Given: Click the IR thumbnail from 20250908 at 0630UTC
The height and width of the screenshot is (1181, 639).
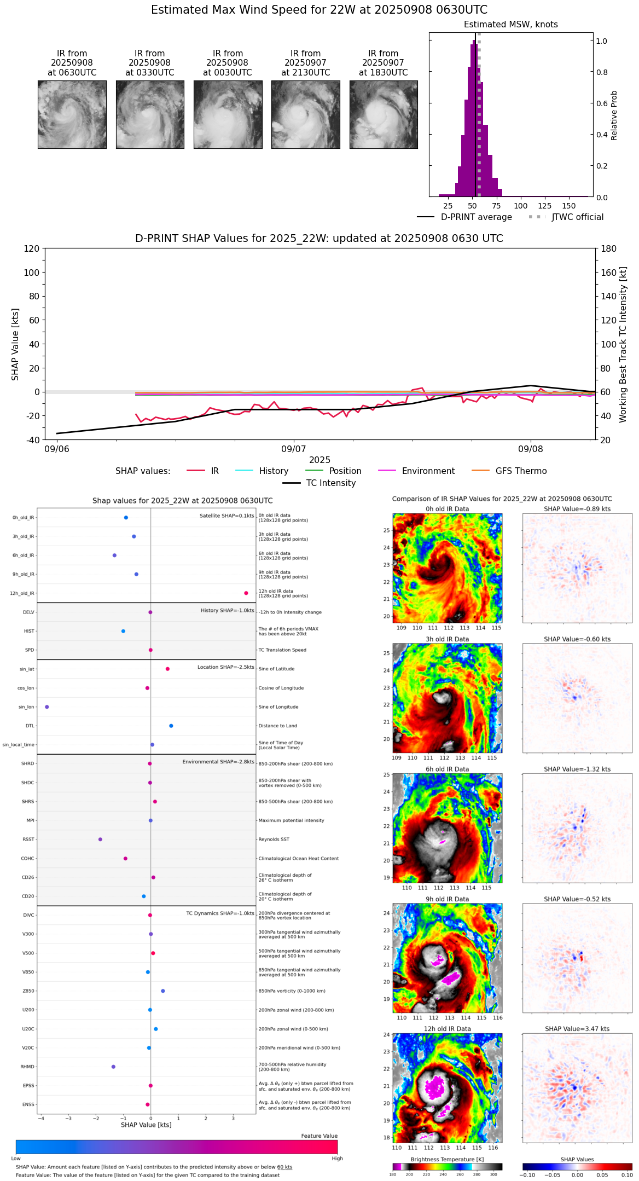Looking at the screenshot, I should [72, 114].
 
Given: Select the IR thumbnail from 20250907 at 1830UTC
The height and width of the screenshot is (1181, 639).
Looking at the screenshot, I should [384, 114].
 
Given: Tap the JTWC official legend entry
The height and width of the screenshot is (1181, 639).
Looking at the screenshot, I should [577, 217].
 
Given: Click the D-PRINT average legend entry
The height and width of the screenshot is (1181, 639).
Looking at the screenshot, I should [476, 217].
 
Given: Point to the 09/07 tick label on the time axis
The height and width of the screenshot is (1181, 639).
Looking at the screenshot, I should [294, 449].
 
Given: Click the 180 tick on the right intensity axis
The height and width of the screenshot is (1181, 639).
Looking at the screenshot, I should [608, 249].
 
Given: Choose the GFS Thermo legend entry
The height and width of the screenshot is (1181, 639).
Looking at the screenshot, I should [521, 471].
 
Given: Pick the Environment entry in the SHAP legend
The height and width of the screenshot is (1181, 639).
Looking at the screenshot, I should [428, 471].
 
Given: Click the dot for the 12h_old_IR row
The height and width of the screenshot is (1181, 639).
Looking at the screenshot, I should [246, 593].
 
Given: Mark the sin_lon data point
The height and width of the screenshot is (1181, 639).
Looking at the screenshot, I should [47, 707].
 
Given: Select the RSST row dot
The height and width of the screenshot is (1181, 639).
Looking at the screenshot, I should [100, 840].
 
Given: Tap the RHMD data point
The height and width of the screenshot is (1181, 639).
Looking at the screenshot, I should [113, 1067].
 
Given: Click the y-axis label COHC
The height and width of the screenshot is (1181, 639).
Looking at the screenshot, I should [28, 859].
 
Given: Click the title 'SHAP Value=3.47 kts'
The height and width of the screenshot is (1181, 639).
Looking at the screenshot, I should [577, 1029].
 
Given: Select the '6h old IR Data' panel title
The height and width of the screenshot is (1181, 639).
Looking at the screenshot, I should [447, 769].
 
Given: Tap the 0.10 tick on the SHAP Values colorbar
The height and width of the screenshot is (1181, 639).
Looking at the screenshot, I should [626, 1175].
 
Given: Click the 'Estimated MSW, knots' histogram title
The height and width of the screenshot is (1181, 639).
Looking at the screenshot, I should [510, 25].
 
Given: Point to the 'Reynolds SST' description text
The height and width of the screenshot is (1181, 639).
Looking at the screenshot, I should [274, 840].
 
